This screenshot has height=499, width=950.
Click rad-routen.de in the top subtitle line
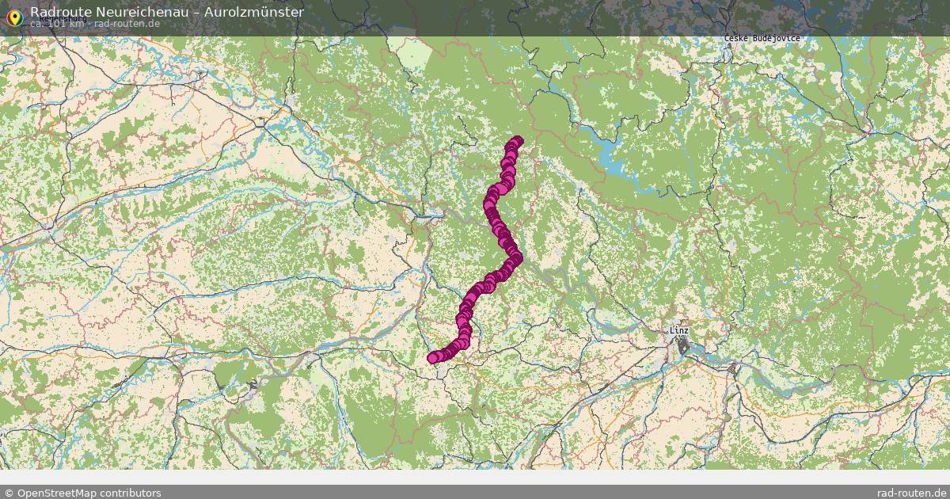[128, 24]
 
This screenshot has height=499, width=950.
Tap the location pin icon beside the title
[13, 17]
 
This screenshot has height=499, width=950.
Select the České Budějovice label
[762, 39]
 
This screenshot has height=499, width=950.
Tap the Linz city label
[678, 330]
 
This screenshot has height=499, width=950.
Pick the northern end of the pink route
[518, 141]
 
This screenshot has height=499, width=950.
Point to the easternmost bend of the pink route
[516, 258]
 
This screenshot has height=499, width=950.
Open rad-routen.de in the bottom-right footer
[912, 493]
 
